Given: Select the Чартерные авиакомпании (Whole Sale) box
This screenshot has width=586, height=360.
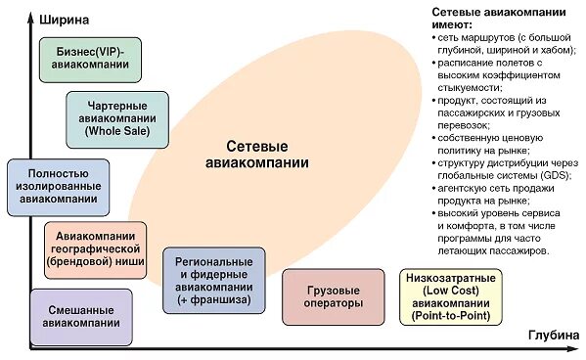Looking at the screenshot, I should (112, 118).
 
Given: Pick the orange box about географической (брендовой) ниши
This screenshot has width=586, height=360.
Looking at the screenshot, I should (95, 248).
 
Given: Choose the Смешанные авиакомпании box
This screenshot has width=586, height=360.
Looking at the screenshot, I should (82, 316).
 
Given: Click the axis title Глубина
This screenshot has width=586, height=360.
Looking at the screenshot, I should (553, 336).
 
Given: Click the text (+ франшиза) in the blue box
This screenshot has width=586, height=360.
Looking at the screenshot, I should (213, 299).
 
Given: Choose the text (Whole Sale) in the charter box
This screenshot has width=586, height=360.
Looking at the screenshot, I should (112, 131).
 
